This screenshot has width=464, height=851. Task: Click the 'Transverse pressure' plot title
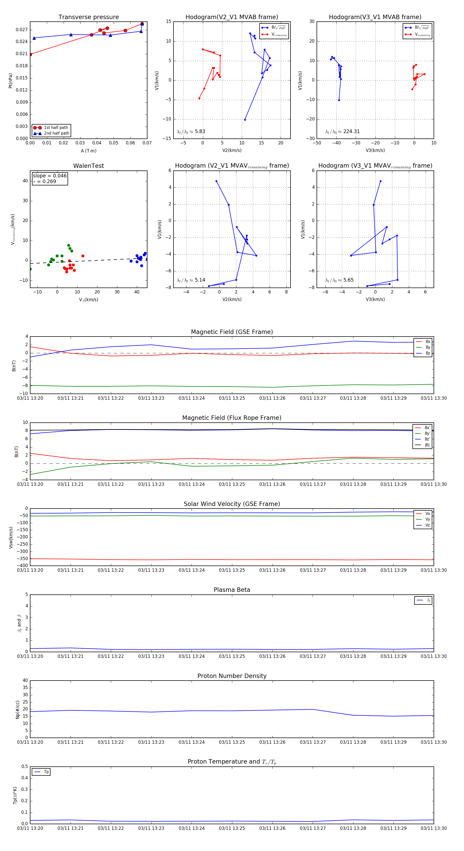pyautogui.click(x=88, y=17)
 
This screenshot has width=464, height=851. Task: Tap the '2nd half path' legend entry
pyautogui.click(x=56, y=134)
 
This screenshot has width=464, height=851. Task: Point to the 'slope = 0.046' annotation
pyautogui.click(x=49, y=176)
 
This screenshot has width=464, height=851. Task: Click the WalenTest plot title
pyautogui.click(x=88, y=166)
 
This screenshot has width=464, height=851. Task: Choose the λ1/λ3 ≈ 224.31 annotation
pyautogui.click(x=343, y=132)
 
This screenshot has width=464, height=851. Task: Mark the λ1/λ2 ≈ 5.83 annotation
pyautogui.click(x=191, y=132)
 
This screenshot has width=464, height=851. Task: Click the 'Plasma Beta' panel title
pyautogui.click(x=232, y=590)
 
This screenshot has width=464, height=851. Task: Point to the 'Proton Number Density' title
pyautogui.click(x=232, y=676)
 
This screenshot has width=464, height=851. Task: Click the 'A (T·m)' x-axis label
pyautogui.click(x=88, y=151)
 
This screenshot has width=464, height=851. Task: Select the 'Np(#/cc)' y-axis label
pyautogui.click(x=18, y=710)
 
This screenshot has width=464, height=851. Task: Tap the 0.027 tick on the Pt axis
pyautogui.click(x=22, y=30)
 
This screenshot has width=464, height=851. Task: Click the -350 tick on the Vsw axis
pyautogui.click(x=22, y=559)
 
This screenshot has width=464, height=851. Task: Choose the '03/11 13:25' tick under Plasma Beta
pyautogui.click(x=232, y=656)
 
